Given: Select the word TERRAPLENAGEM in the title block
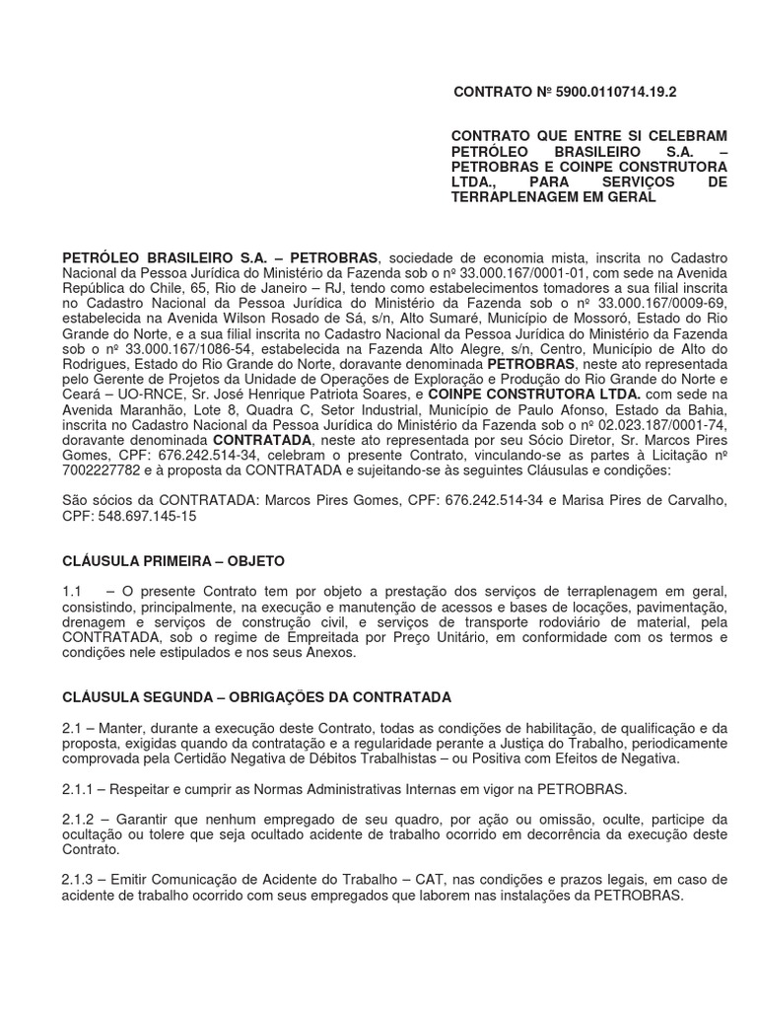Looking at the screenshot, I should [515, 198].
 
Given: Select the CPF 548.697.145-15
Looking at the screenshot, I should [145, 516].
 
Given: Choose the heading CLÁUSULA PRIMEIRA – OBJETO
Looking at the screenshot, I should [173, 561].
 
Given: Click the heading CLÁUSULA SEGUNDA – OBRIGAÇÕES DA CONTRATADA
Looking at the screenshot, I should [257, 697].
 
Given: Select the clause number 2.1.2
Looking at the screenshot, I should [79, 820].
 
